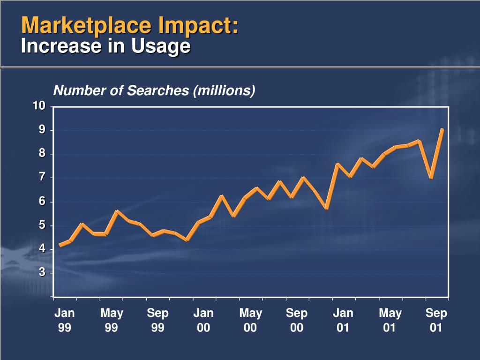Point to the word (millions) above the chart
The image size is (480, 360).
(x=224, y=90)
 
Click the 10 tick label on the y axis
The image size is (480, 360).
(x=39, y=106)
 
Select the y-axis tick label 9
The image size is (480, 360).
(x=42, y=130)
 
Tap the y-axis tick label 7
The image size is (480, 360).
(x=42, y=177)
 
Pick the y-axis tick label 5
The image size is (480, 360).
(x=42, y=225)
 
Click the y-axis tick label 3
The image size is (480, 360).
(x=42, y=272)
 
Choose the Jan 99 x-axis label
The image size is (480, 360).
(x=65, y=320)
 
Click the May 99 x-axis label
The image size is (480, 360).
(x=112, y=320)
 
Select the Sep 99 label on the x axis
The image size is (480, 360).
(x=157, y=320)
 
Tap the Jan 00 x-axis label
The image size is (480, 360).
(x=203, y=320)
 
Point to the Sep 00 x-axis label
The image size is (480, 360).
(x=297, y=320)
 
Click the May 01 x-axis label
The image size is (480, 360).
(x=390, y=320)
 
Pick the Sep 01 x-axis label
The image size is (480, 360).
(x=436, y=320)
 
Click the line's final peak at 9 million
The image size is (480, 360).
(x=442, y=130)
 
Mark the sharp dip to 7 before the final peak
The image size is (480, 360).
(x=431, y=178)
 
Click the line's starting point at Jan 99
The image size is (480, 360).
(x=60, y=245)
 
